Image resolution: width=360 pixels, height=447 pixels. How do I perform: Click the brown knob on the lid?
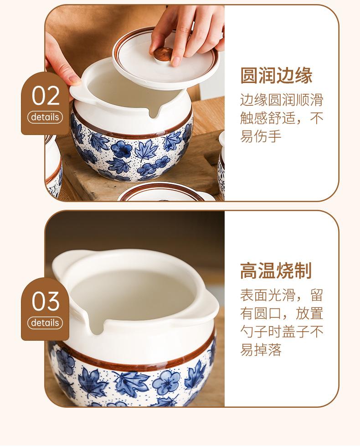pos(164,54)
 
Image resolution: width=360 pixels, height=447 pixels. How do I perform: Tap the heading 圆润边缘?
pos(276,76)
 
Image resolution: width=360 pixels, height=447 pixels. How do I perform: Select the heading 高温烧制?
pos(276,271)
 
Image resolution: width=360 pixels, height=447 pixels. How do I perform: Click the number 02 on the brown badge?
pos(46,95)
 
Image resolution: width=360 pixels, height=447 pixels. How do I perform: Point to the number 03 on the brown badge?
pos(46,301)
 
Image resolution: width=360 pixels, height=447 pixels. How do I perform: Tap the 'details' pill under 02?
pos(45,117)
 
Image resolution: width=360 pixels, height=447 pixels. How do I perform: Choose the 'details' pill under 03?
pos(45,323)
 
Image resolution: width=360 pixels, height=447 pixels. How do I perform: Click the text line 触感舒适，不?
pos(282,118)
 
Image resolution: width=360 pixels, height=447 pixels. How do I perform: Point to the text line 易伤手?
pos(261,136)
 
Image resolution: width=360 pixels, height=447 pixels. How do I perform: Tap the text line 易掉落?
pos(261,349)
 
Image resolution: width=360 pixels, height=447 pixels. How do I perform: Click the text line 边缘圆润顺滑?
pos(282,100)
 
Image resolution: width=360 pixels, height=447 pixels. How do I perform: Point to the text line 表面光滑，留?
pos(282,295)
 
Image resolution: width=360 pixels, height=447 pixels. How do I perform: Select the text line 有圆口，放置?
pos(282,313)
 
